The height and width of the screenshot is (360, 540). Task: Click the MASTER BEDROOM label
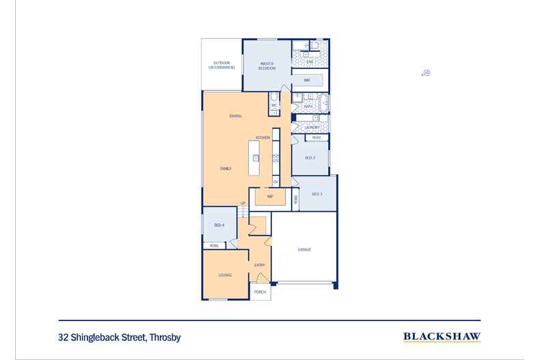tap(267, 66)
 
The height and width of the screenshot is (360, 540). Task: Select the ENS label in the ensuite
tap(309, 62)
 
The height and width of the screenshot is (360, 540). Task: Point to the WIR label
tap(308, 81)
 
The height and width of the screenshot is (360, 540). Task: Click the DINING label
tap(235, 116)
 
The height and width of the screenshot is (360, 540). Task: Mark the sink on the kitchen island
tap(256, 158)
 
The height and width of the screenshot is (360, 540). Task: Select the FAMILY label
tap(225, 167)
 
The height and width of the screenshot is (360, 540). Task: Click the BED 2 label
tap(309, 158)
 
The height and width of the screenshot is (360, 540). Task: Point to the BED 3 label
tap(316, 195)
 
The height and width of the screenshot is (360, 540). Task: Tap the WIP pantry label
tap(270, 196)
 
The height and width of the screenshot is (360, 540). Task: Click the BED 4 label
tap(219, 225)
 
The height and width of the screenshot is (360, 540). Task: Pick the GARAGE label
tap(304, 249)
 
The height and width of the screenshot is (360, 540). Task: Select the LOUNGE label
tap(225, 275)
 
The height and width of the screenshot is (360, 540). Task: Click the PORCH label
tap(260, 292)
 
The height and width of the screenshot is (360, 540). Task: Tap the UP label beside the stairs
tap(243, 203)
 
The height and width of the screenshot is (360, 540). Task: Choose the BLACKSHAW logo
tap(442, 336)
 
